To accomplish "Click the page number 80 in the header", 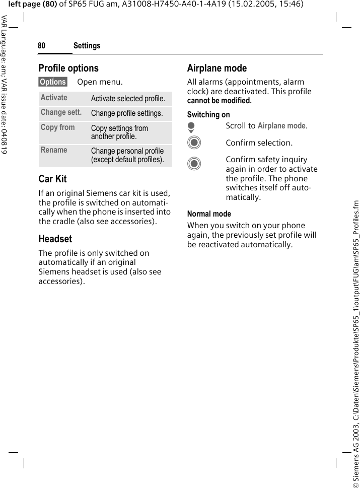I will [41, 46].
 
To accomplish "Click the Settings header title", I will [87, 46].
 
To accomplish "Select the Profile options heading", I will [68, 68].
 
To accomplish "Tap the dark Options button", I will [53, 82].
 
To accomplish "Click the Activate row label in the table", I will [54, 98].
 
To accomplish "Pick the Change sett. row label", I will [61, 112].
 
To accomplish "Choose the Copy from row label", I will [57, 127].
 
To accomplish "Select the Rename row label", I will [54, 150].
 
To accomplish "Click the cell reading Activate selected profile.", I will [128, 99].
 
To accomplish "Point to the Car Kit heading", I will [52, 179].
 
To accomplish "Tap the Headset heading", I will [55, 239].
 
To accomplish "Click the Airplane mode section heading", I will [217, 68].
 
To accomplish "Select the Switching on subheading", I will [208, 115].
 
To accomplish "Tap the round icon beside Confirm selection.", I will [194, 143].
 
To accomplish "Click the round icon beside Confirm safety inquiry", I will [194, 164].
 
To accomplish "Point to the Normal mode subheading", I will [209, 214].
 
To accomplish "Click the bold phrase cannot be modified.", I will [219, 101].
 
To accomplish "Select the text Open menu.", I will [100, 82].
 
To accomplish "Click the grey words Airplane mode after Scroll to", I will [281, 126].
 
